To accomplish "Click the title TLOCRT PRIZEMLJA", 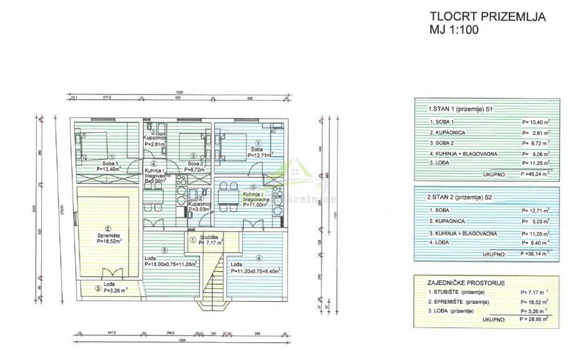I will pos(487,17).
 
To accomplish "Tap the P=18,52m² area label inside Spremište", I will pos(108,239).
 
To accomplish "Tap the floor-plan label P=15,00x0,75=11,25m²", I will pos(171,264).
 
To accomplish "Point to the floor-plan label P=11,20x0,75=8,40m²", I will pos(256,271).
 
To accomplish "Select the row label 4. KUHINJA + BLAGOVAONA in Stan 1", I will pos(461,153).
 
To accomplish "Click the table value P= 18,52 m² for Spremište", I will pos(534,301).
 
